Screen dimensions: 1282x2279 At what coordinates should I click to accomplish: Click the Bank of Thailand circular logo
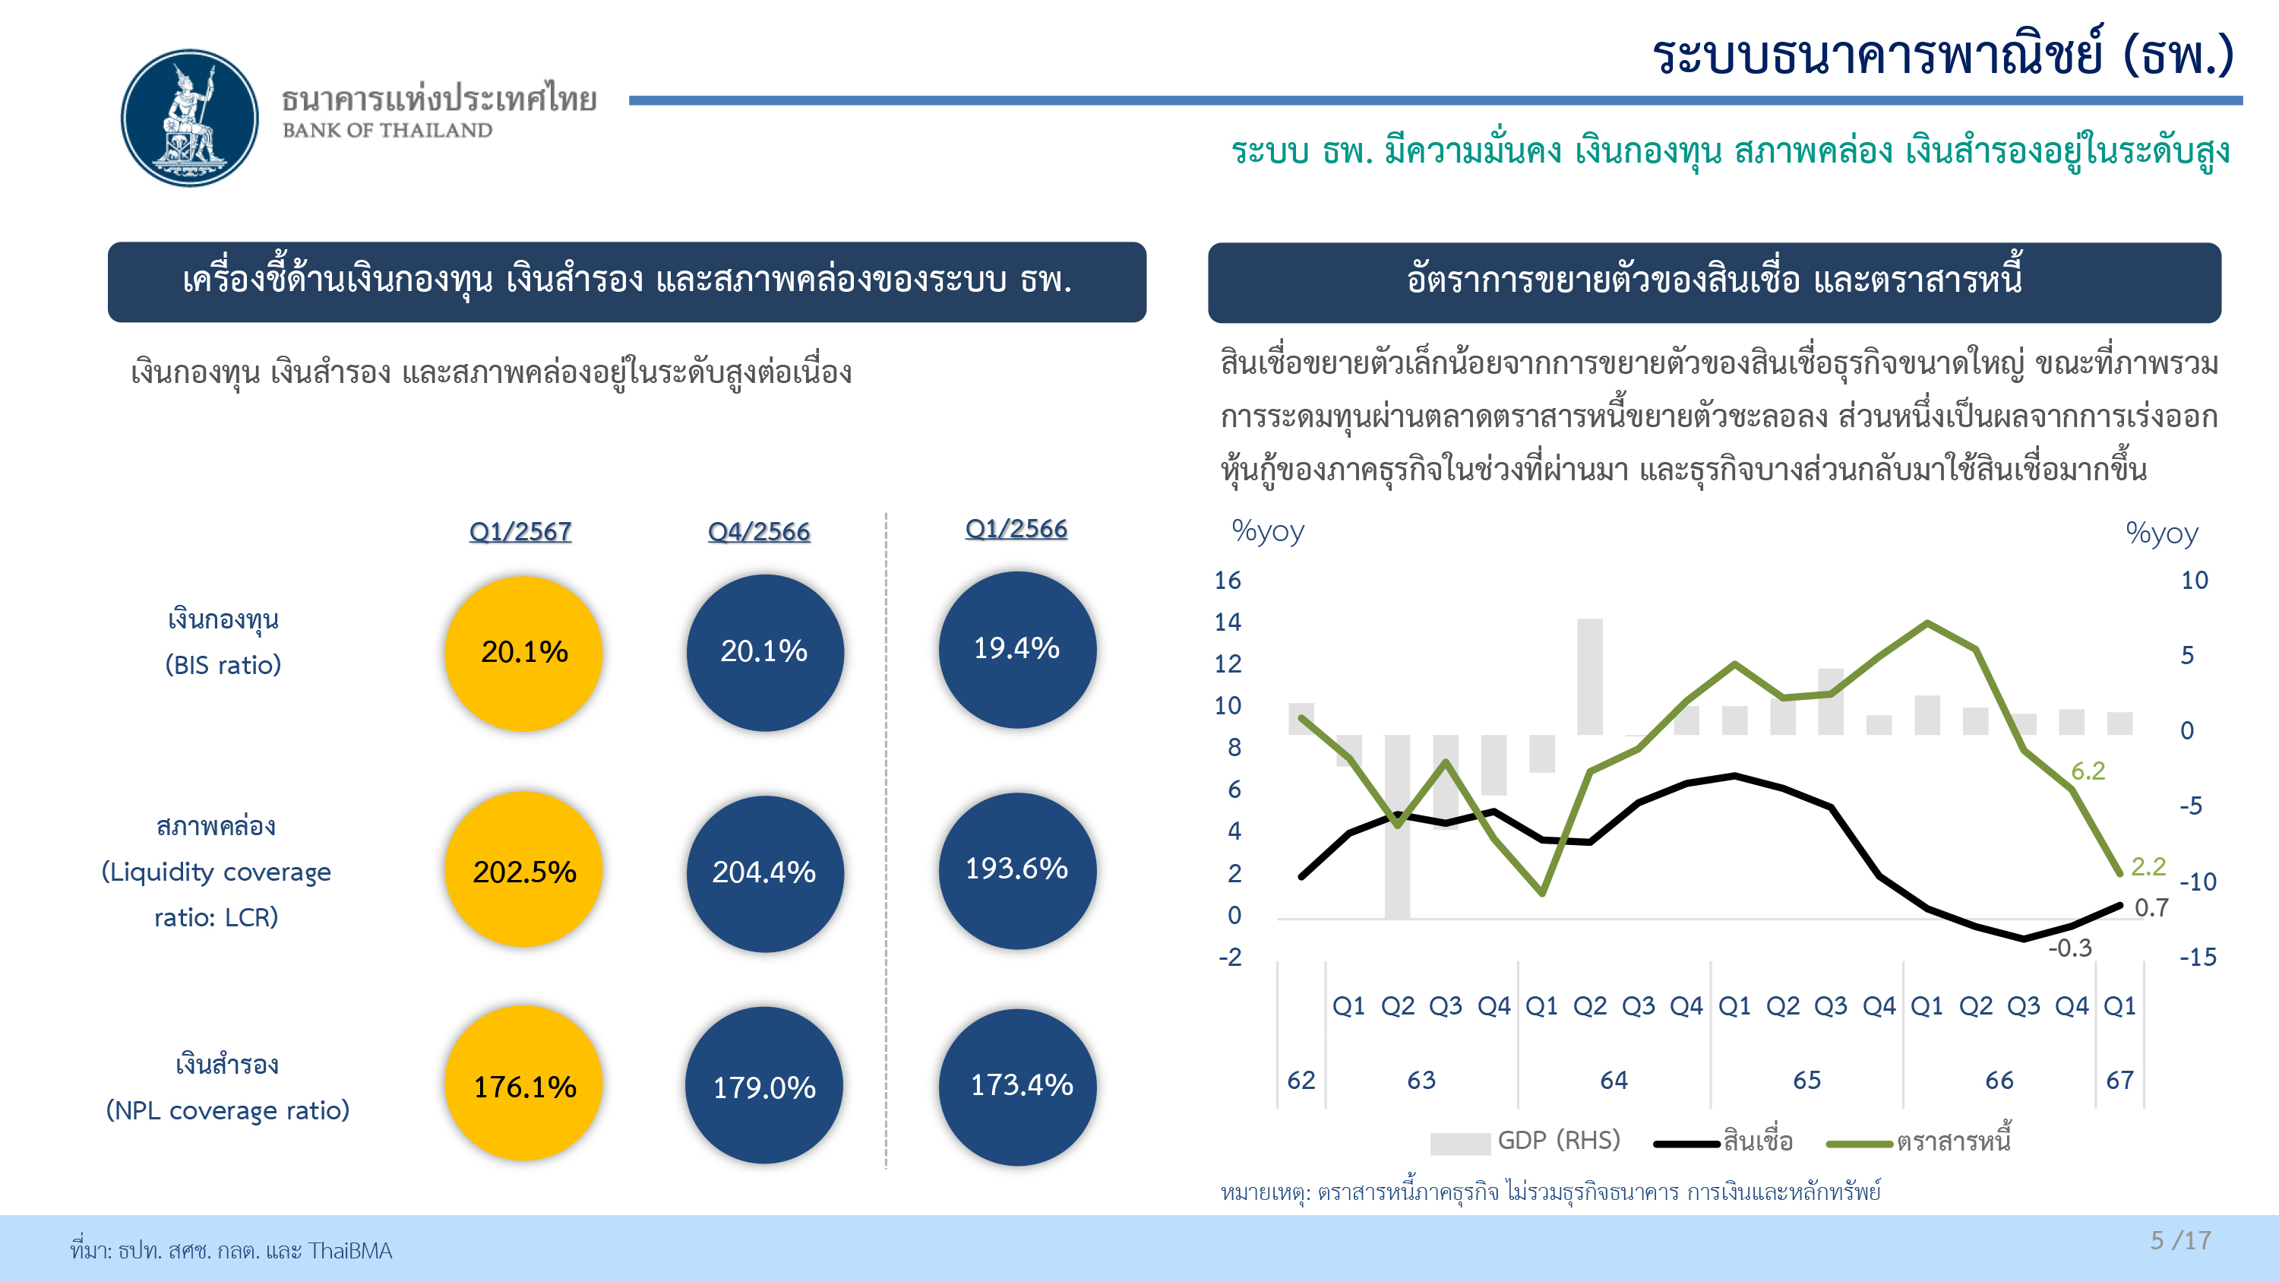(x=189, y=118)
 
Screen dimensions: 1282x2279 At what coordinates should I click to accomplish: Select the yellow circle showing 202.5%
(x=523, y=871)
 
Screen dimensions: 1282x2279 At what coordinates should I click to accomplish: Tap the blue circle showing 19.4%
(x=1016, y=648)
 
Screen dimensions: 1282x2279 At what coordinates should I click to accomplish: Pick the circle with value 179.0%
(x=764, y=1086)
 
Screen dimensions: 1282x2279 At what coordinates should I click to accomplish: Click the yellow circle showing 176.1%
(x=523, y=1084)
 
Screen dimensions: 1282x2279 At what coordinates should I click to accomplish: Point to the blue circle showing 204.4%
(x=764, y=872)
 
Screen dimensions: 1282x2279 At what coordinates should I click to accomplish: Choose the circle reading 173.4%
(x=1018, y=1086)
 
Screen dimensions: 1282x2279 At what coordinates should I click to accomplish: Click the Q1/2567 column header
(x=520, y=531)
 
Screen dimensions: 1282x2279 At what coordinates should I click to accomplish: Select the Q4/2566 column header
(x=759, y=531)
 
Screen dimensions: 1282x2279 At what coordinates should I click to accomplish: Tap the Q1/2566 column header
(x=1016, y=528)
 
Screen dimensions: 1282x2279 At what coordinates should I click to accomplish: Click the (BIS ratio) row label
(x=223, y=664)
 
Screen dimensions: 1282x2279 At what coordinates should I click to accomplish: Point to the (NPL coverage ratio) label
(x=227, y=1109)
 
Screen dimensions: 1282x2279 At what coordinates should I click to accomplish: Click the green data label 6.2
(x=2088, y=771)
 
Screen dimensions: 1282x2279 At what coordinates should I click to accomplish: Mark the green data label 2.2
(x=2148, y=866)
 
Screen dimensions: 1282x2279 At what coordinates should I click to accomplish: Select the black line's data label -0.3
(x=2070, y=948)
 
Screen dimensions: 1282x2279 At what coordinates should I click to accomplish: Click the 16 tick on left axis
(x=1227, y=581)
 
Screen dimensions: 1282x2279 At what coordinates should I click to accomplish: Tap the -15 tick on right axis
(x=2198, y=958)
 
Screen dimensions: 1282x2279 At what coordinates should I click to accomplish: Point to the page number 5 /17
(x=2180, y=1240)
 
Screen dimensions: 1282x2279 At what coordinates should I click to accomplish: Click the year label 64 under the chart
(x=1614, y=1081)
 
